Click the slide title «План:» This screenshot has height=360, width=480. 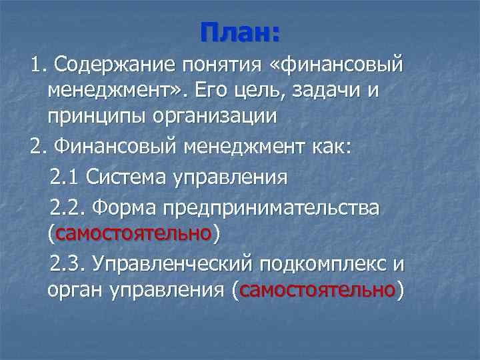240,32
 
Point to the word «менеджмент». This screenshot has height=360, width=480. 117,91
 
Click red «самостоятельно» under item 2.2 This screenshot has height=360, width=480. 135,234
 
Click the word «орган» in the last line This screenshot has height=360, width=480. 71,291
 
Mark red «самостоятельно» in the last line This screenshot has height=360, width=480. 318,291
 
